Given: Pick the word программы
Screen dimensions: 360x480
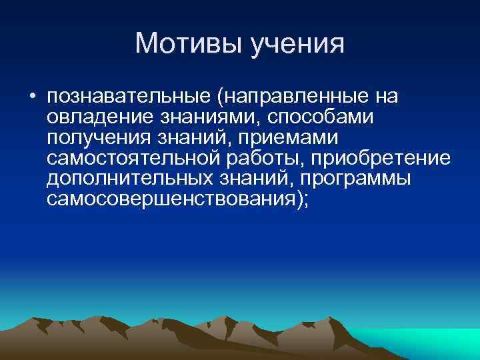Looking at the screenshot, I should coord(355,180).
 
